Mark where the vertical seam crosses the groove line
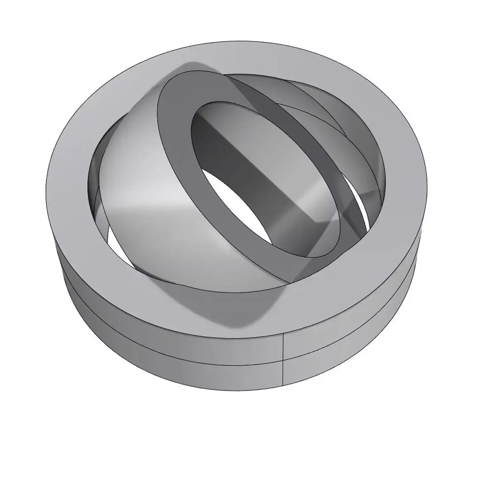pyautogui.click(x=283, y=361)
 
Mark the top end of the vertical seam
pyautogui.click(x=283, y=333)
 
